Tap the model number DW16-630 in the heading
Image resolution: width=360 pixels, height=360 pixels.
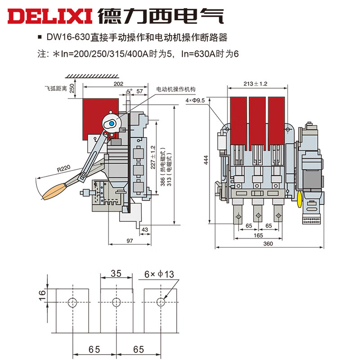click(x=62, y=38)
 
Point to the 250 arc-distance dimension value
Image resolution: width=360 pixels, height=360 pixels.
click(x=72, y=89)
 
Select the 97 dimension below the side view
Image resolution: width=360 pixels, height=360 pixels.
click(x=130, y=242)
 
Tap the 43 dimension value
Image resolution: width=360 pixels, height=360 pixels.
click(x=145, y=230)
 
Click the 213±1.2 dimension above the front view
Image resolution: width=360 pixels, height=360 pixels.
click(x=255, y=84)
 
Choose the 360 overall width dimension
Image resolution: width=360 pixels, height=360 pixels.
click(x=268, y=243)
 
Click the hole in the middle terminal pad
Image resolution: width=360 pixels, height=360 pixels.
click(x=116, y=301)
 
